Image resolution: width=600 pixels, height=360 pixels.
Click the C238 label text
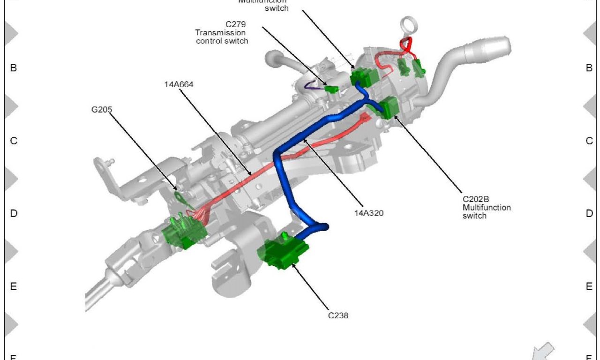coord(338,315)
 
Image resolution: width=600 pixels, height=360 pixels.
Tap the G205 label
coord(102,109)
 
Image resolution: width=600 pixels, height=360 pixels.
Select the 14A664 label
coord(179,84)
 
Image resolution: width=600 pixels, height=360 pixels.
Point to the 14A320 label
coord(369,213)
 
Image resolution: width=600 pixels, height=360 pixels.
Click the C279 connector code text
coord(235,24)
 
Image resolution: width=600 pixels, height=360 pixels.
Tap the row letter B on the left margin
coord(14,68)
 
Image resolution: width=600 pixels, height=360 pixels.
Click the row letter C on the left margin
coord(14,141)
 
